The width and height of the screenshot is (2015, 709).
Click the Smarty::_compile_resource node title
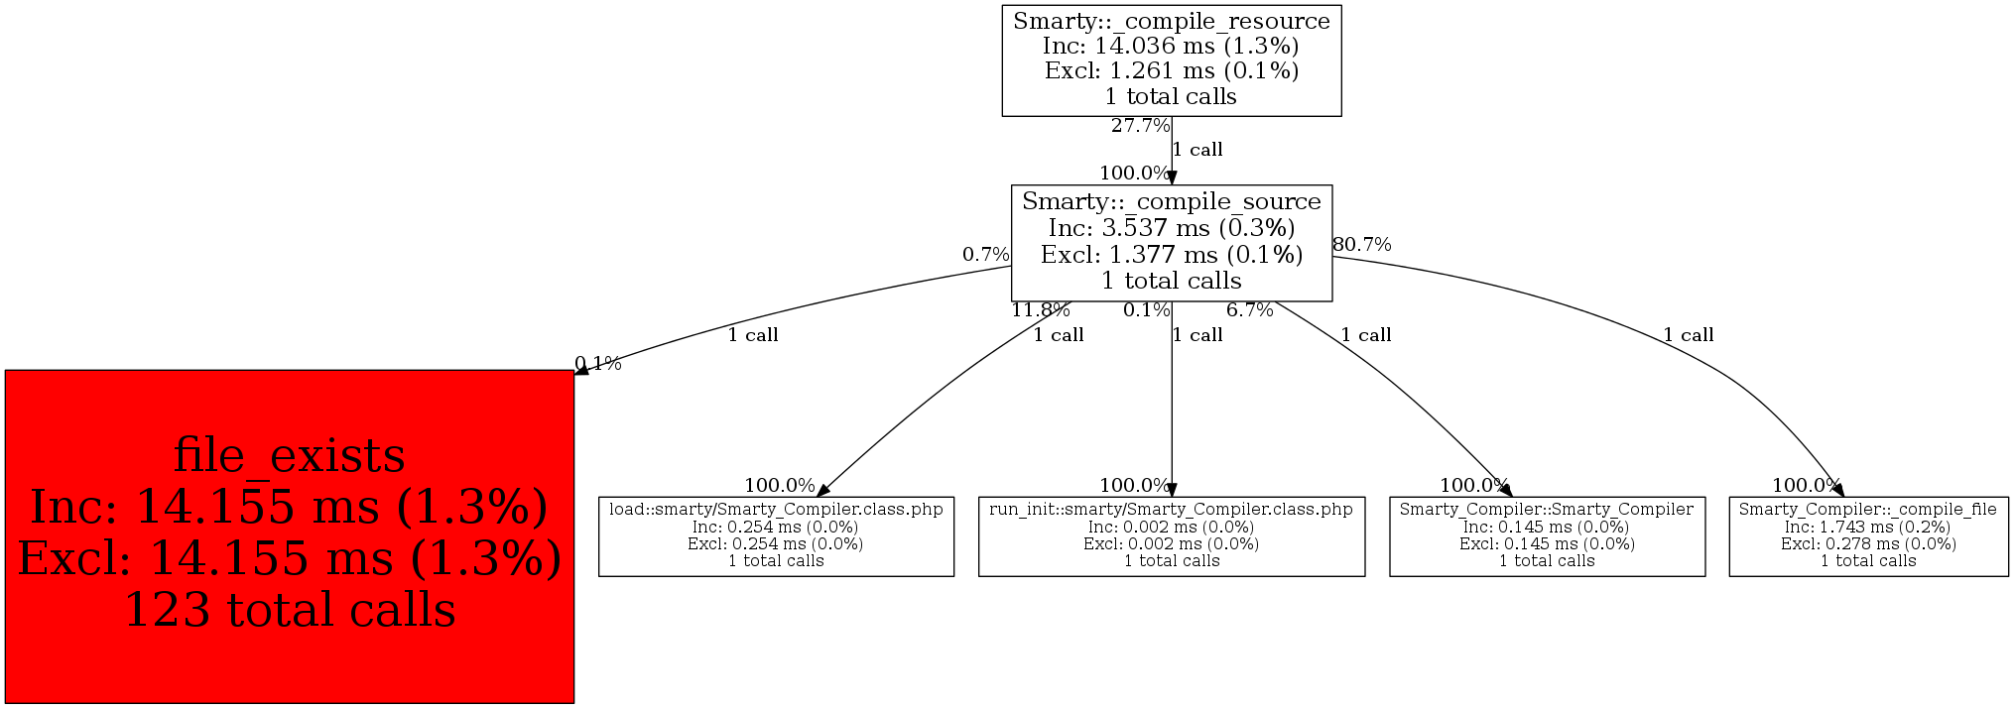pyautogui.click(x=1171, y=22)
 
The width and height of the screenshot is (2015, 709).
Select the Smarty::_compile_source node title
pyautogui.click(x=1171, y=202)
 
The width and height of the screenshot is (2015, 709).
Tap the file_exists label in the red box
pyautogui.click(x=289, y=456)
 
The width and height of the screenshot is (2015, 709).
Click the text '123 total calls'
pyautogui.click(x=289, y=610)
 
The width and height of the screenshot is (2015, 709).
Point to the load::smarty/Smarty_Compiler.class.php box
pyautogui.click(x=776, y=535)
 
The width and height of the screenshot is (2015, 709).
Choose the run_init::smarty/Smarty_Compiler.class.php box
pyautogui.click(x=1171, y=535)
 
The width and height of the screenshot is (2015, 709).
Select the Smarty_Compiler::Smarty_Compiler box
pyautogui.click(x=1547, y=535)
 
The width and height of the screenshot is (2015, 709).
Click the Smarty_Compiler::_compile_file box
pyautogui.click(x=1868, y=535)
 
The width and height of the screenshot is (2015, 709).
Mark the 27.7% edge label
pyautogui.click(x=1140, y=126)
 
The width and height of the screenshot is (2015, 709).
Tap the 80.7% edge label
pyautogui.click(x=1361, y=245)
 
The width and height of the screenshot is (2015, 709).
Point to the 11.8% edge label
pyautogui.click(x=1040, y=310)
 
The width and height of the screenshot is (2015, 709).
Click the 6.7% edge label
pyautogui.click(x=1249, y=310)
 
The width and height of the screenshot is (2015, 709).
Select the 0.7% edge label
pyautogui.click(x=985, y=255)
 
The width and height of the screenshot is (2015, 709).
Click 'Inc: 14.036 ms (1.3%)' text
pyautogui.click(x=1171, y=47)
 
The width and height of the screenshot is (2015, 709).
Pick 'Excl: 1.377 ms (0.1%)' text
pyautogui.click(x=1171, y=255)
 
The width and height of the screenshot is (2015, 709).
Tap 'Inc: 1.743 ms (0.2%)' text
pyautogui.click(x=1868, y=528)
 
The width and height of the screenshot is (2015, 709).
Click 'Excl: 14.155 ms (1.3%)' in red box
pyautogui.click(x=289, y=558)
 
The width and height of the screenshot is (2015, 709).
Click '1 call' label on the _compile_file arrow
pyautogui.click(x=1689, y=335)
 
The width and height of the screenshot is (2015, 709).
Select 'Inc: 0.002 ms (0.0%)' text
pyautogui.click(x=1171, y=528)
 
